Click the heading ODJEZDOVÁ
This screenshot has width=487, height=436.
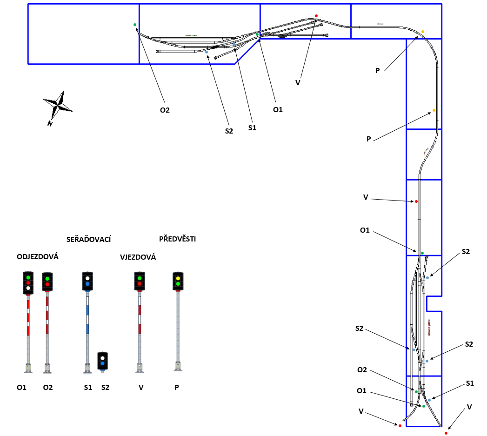click(x=38, y=257)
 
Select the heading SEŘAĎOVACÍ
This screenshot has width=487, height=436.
click(x=88, y=239)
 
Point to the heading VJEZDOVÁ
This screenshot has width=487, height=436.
click(x=138, y=257)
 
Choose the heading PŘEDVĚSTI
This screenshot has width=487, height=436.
click(x=177, y=239)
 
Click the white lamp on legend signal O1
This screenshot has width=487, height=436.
click(x=28, y=288)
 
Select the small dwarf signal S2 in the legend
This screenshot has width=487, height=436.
click(x=102, y=361)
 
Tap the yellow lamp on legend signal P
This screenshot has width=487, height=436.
click(x=178, y=278)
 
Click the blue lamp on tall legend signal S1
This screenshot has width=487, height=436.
click(x=87, y=283)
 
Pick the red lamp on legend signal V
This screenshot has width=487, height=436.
click(x=139, y=283)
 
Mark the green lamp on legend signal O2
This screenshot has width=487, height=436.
click(x=47, y=279)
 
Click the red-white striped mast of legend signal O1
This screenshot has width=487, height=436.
click(x=28, y=316)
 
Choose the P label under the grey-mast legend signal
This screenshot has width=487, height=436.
click(x=177, y=387)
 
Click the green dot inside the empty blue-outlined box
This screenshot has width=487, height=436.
click(x=135, y=25)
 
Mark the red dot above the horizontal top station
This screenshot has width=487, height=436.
click(x=316, y=16)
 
